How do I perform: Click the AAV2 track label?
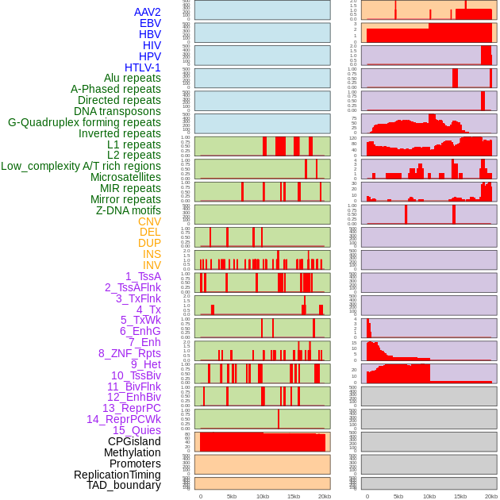coord(148,12)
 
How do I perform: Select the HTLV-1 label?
coord(143,67)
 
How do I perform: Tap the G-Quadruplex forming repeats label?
coord(84,122)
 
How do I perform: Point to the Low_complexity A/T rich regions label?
coord(81,166)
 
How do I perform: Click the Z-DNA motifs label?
coord(129,210)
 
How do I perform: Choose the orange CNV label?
coord(149,221)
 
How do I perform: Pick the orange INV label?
coord(152,265)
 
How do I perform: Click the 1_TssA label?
coord(143,276)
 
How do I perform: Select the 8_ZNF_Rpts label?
coord(129,353)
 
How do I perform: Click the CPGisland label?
coord(134,441)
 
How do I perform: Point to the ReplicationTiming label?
coord(117,475)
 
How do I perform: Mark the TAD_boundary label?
coord(124,485)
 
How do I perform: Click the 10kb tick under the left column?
coord(263,496)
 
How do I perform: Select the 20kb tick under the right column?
coord(491,496)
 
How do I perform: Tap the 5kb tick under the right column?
coord(398,496)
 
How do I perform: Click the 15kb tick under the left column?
coord(294,496)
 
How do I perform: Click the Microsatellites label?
coord(125,177)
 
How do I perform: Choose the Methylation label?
coord(127,452)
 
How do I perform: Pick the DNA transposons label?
coord(117,111)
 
